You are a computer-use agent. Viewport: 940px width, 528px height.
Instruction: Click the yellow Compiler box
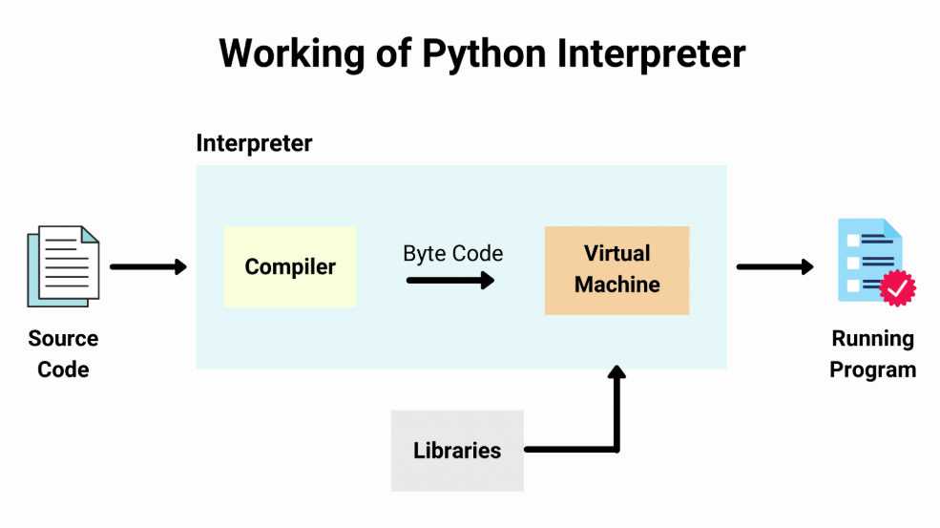point(289,266)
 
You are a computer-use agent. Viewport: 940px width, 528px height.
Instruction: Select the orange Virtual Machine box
point(616,269)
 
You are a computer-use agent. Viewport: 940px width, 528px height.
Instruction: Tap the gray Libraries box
point(457,451)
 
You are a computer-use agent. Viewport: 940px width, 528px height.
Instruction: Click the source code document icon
point(63,266)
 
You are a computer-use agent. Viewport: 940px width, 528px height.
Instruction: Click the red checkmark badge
point(897,286)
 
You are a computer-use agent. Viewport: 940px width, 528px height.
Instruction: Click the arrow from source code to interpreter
point(148,267)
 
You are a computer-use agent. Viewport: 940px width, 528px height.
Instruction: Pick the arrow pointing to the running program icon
point(774,267)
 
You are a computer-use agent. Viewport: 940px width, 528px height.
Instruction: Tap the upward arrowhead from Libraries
point(617,374)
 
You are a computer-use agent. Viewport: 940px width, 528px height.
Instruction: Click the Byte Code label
point(453,253)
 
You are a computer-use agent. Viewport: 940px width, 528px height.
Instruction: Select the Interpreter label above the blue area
point(254,143)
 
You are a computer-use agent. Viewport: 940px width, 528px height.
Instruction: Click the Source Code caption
point(63,353)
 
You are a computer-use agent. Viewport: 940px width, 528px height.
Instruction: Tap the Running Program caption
point(872,353)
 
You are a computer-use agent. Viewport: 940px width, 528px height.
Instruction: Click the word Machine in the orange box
point(616,285)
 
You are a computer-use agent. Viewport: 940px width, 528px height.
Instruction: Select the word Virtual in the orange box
point(616,254)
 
